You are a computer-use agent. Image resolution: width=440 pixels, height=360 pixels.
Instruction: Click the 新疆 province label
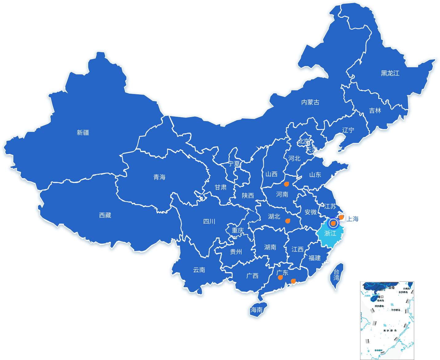[83, 133]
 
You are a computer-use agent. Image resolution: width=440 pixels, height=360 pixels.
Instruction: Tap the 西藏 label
[105, 215]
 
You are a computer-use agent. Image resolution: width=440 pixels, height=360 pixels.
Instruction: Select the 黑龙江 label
[390, 73]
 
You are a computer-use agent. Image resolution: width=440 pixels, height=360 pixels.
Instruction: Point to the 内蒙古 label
[310, 102]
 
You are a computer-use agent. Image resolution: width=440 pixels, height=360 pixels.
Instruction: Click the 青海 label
[159, 177]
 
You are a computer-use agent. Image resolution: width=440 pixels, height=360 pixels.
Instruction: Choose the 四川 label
[209, 221]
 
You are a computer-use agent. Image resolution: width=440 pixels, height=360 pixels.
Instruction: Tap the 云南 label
[199, 270]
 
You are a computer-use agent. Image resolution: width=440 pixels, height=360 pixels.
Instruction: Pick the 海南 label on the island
[257, 310]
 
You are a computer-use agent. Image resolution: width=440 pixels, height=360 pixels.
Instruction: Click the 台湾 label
[337, 275]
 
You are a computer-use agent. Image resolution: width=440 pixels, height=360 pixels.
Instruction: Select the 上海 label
[353, 219]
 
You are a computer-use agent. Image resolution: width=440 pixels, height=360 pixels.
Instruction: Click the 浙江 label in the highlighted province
[330, 233]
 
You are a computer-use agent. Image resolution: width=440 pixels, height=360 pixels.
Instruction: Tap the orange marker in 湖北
[288, 221]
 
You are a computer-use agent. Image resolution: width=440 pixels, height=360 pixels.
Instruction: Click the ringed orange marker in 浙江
[333, 223]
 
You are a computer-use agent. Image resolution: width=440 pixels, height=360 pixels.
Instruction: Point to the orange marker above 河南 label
[286, 184]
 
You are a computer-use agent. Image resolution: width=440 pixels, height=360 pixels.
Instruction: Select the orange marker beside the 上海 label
[341, 217]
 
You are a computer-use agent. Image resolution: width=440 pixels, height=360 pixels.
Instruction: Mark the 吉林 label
[375, 111]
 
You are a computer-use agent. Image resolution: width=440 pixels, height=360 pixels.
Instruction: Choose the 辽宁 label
[348, 130]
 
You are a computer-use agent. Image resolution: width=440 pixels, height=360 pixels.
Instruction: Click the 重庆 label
[238, 230]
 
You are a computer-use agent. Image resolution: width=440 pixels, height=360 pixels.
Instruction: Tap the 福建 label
[315, 258]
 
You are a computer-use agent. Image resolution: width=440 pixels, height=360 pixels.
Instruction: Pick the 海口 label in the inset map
[380, 297]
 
